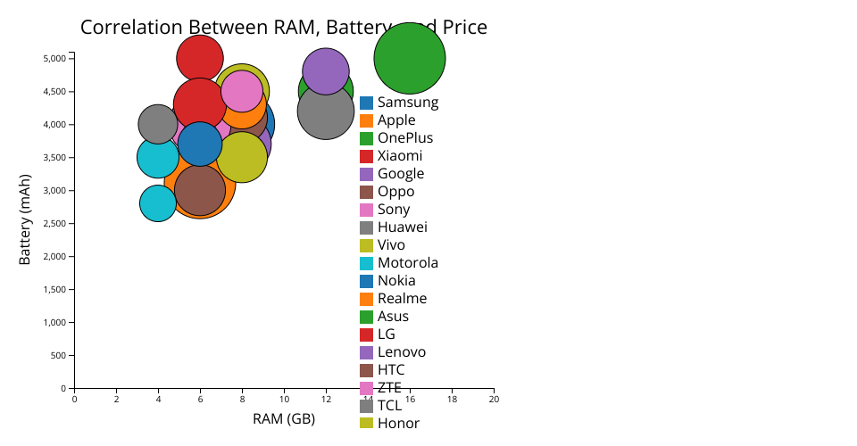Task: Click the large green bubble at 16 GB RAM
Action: point(410,58)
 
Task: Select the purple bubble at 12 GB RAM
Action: point(326,71)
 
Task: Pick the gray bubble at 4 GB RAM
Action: point(158,124)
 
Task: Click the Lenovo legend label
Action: point(401,352)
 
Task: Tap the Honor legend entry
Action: point(397,424)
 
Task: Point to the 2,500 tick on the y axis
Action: point(54,224)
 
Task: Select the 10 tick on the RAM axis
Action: point(284,399)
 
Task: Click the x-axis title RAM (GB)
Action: point(284,419)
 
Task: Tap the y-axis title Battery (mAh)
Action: point(25,219)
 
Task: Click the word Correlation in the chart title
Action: point(134,28)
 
